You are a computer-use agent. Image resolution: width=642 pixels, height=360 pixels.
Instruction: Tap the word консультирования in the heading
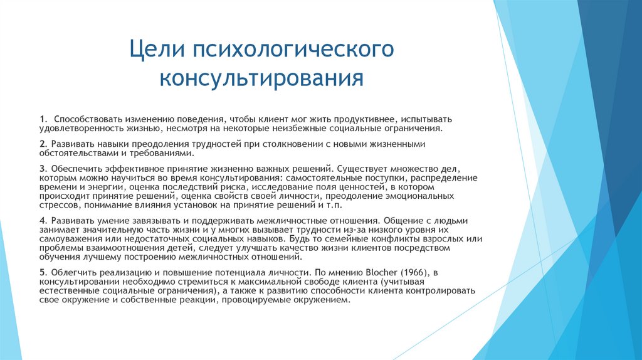[261, 78]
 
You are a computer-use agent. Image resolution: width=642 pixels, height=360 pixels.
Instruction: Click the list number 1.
[41, 119]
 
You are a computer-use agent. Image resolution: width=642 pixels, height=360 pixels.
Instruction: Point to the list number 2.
[41, 144]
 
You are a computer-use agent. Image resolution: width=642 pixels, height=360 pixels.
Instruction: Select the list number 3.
[41, 169]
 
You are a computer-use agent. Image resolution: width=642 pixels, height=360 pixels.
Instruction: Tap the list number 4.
[41, 222]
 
